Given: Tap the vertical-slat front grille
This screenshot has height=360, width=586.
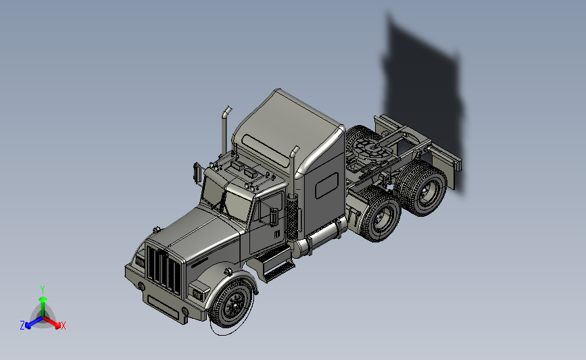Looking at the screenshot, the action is [164, 269].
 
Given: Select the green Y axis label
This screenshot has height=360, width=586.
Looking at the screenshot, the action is [43, 290].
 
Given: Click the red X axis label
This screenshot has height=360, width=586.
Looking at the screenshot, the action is [63, 326].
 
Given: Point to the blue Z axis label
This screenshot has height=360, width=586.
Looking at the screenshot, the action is [22, 326].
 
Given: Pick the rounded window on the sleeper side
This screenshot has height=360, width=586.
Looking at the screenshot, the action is [327, 185].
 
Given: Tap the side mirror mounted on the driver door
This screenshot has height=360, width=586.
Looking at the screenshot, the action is [274, 217].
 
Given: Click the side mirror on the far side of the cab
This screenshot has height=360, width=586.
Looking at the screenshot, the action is [197, 172].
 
